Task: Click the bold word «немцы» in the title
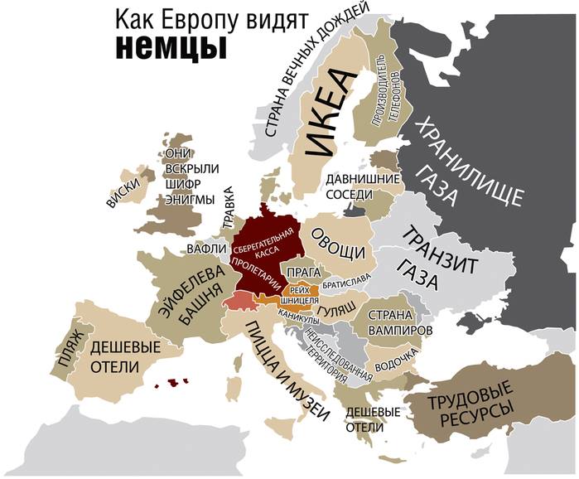[170, 47]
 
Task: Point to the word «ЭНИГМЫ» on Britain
[190, 200]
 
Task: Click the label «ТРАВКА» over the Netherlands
[229, 207]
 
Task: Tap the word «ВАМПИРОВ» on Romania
[398, 329]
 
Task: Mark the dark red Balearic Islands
[174, 382]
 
